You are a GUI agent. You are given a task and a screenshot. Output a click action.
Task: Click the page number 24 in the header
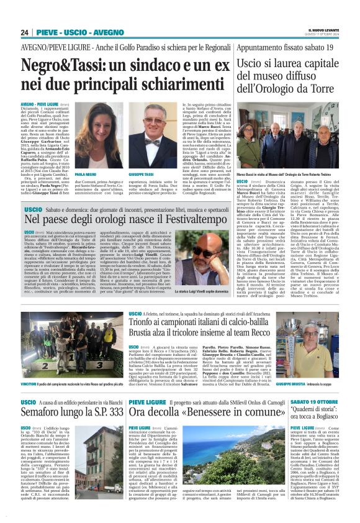24,32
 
